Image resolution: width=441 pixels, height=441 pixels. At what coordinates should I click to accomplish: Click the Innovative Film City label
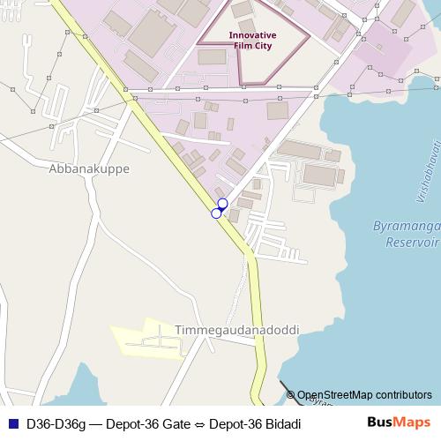(252, 41)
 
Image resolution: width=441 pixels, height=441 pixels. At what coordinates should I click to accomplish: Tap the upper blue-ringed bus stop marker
(222, 204)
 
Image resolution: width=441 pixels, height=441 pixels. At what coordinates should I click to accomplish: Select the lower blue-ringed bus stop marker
(216, 213)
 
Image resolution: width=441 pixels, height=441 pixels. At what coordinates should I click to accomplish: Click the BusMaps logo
(399, 423)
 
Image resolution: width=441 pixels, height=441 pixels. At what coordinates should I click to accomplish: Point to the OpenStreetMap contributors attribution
(364, 395)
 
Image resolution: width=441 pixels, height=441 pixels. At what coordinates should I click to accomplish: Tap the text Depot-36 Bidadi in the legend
(256, 423)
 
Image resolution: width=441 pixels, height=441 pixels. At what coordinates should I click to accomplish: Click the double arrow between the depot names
(199, 423)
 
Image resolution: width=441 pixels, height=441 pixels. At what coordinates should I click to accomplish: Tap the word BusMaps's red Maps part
(413, 423)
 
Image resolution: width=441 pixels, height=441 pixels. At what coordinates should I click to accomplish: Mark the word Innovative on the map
(252, 35)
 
